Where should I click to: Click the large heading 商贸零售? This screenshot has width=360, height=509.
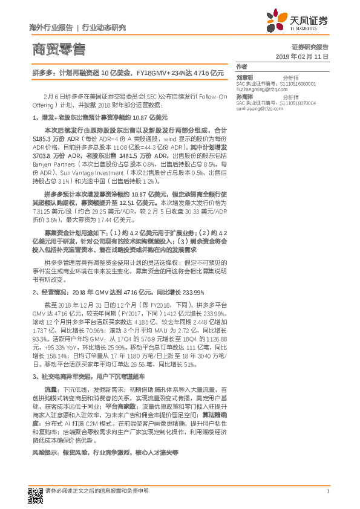[x=58, y=49]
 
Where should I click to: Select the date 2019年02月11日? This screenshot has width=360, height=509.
[x=306, y=56]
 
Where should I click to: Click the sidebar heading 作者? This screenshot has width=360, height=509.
[x=242, y=66]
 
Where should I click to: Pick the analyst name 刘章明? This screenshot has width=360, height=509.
[x=245, y=77]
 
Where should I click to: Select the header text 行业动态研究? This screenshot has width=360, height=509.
[x=103, y=28]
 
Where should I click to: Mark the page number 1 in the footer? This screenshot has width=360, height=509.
[x=327, y=492]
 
